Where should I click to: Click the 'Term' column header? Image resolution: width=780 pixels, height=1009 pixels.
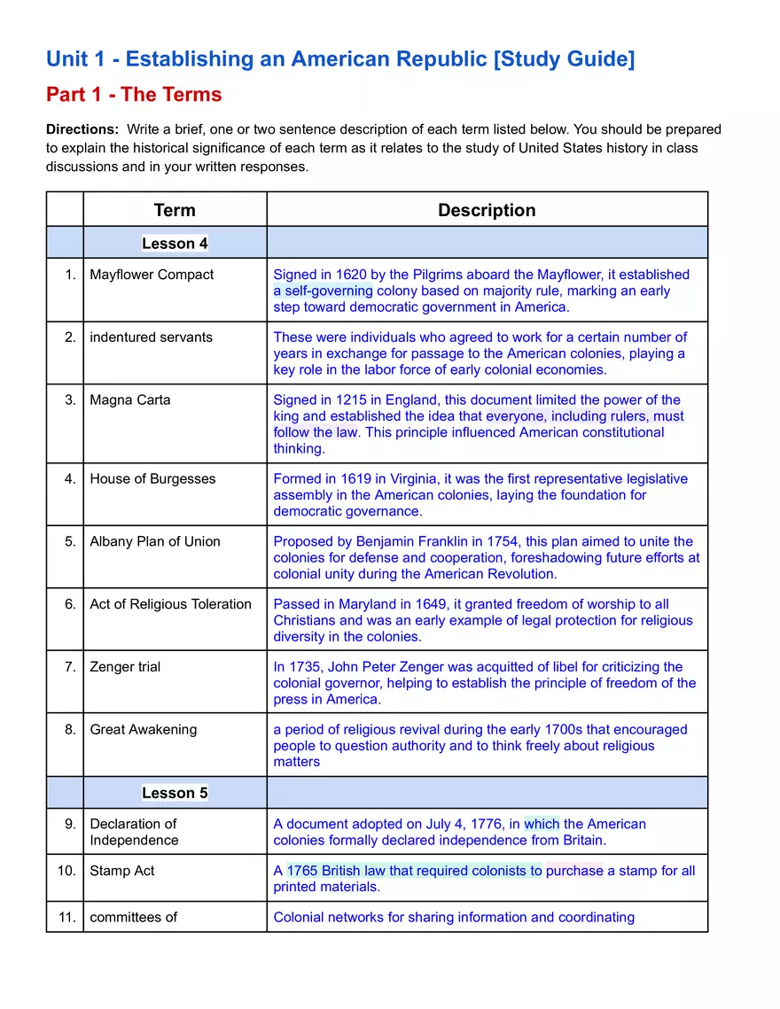click(175, 210)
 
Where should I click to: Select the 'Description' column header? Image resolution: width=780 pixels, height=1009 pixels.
click(487, 210)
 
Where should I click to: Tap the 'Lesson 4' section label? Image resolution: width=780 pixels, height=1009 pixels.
click(175, 243)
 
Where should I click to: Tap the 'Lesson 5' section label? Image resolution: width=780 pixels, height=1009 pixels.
click(175, 793)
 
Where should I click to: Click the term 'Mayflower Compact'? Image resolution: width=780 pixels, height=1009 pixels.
click(152, 275)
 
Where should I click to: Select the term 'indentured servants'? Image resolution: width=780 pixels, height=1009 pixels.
click(151, 337)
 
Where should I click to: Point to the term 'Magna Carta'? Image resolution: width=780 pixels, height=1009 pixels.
click(129, 400)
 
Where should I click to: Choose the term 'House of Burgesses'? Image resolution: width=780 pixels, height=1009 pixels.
click(152, 478)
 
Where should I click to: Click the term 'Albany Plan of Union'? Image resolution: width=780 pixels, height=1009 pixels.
click(155, 541)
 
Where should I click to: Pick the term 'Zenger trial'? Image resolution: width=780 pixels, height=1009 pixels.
click(125, 666)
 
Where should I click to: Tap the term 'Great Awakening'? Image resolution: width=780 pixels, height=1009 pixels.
click(144, 729)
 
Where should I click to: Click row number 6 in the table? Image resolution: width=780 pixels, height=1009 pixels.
click(71, 604)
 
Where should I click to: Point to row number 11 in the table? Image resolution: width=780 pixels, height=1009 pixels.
click(67, 917)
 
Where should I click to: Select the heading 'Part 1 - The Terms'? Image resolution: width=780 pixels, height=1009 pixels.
click(134, 95)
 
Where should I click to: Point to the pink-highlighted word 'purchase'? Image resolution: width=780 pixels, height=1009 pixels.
click(574, 871)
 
